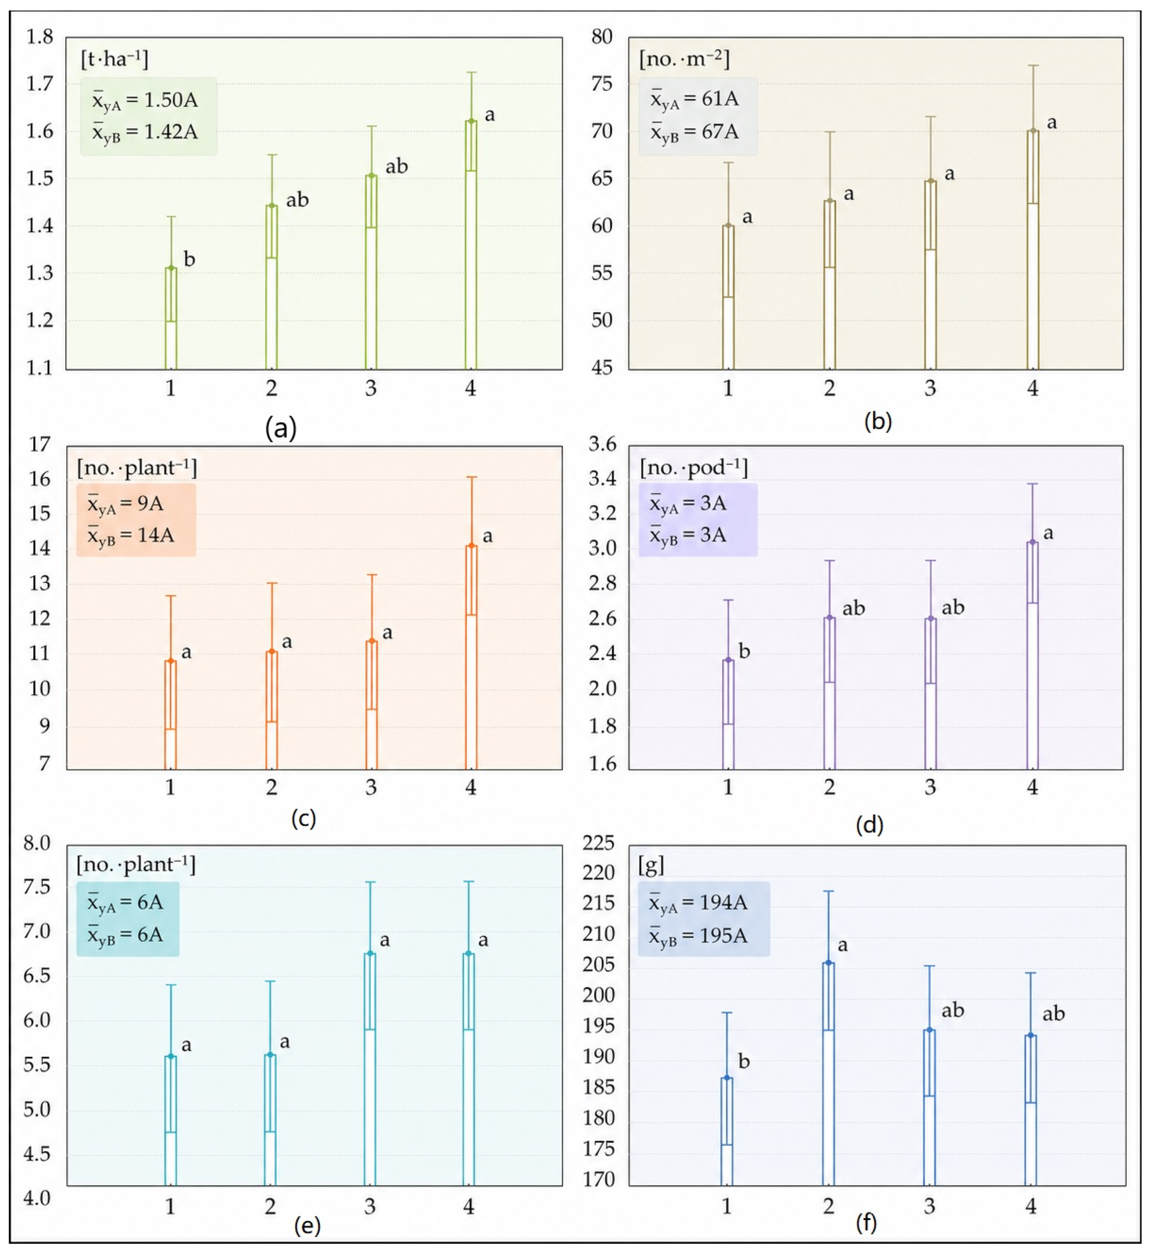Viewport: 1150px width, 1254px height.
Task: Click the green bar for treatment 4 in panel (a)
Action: tap(471, 245)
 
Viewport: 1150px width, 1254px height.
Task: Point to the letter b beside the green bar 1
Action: tap(189, 259)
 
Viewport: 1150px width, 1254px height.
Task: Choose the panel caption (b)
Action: tap(878, 422)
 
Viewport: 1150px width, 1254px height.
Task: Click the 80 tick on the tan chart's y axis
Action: tap(602, 37)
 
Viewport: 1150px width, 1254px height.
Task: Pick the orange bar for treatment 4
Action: tap(471, 657)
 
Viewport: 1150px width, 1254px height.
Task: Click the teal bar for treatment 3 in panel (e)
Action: tap(370, 1070)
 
